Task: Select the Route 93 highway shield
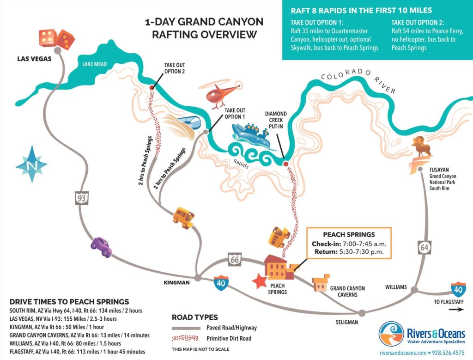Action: (x=81, y=199)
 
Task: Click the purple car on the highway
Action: (x=102, y=246)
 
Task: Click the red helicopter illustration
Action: (x=221, y=94)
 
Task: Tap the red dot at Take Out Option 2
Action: (x=151, y=87)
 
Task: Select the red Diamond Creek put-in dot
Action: (x=285, y=164)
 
